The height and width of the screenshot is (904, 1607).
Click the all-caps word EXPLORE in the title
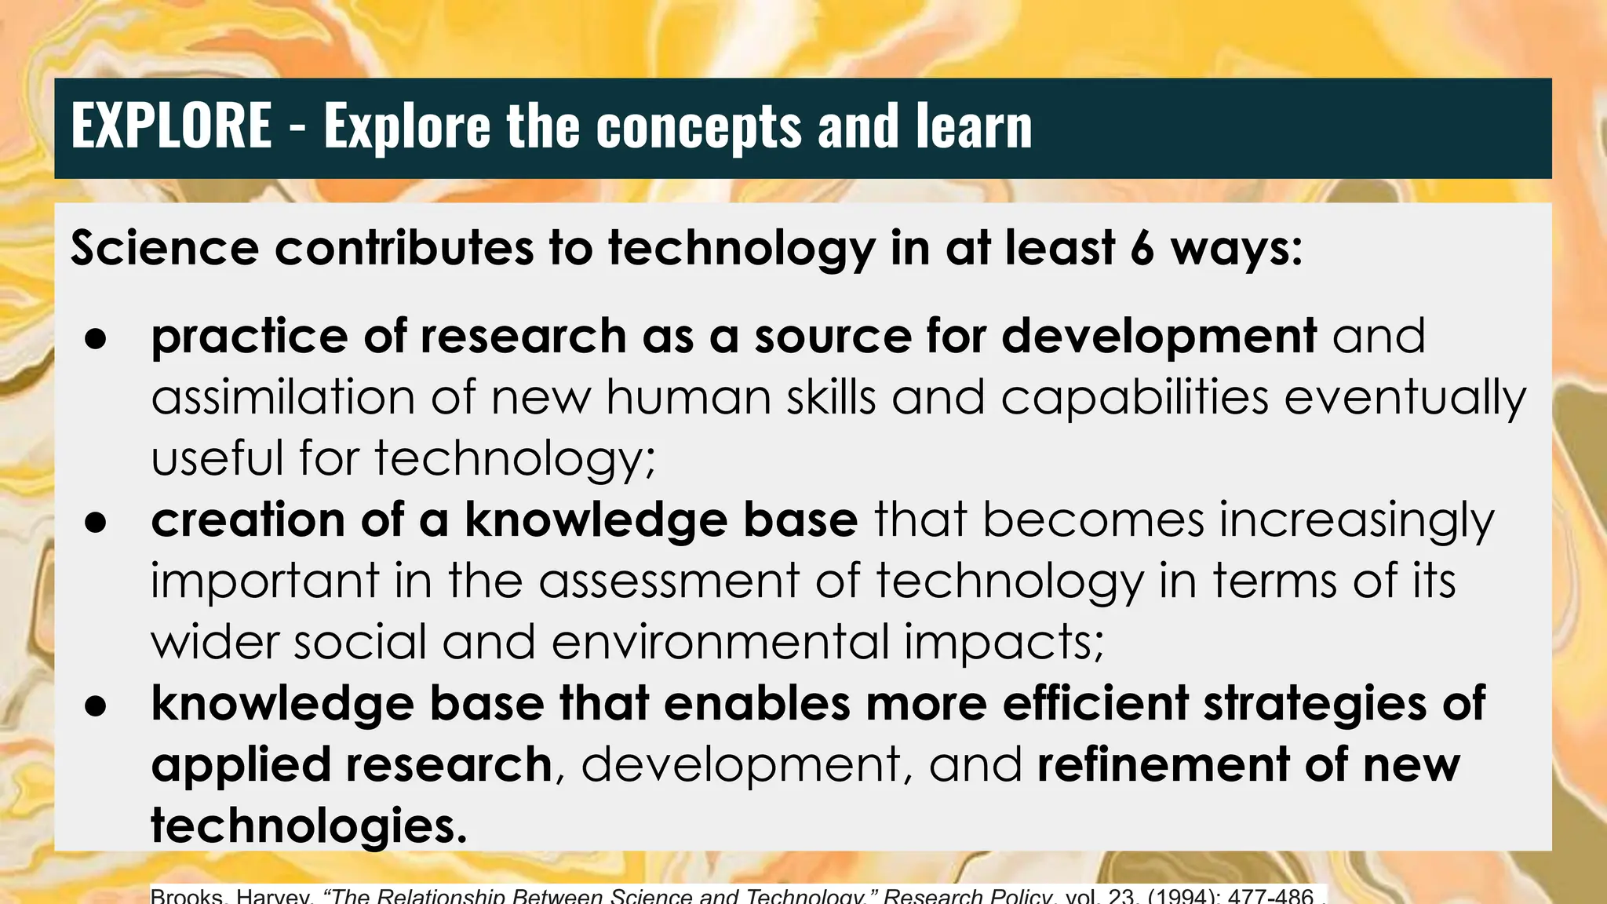coord(171,126)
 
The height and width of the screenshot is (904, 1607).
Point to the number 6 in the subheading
coord(1142,248)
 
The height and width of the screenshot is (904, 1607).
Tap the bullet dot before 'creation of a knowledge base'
coord(96,523)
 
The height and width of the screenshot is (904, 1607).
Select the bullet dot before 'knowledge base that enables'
coord(96,705)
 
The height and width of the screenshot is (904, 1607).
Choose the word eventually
coord(1405,399)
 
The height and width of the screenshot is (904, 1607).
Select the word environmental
coord(720,642)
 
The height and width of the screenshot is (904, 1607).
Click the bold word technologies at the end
coord(308,826)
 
